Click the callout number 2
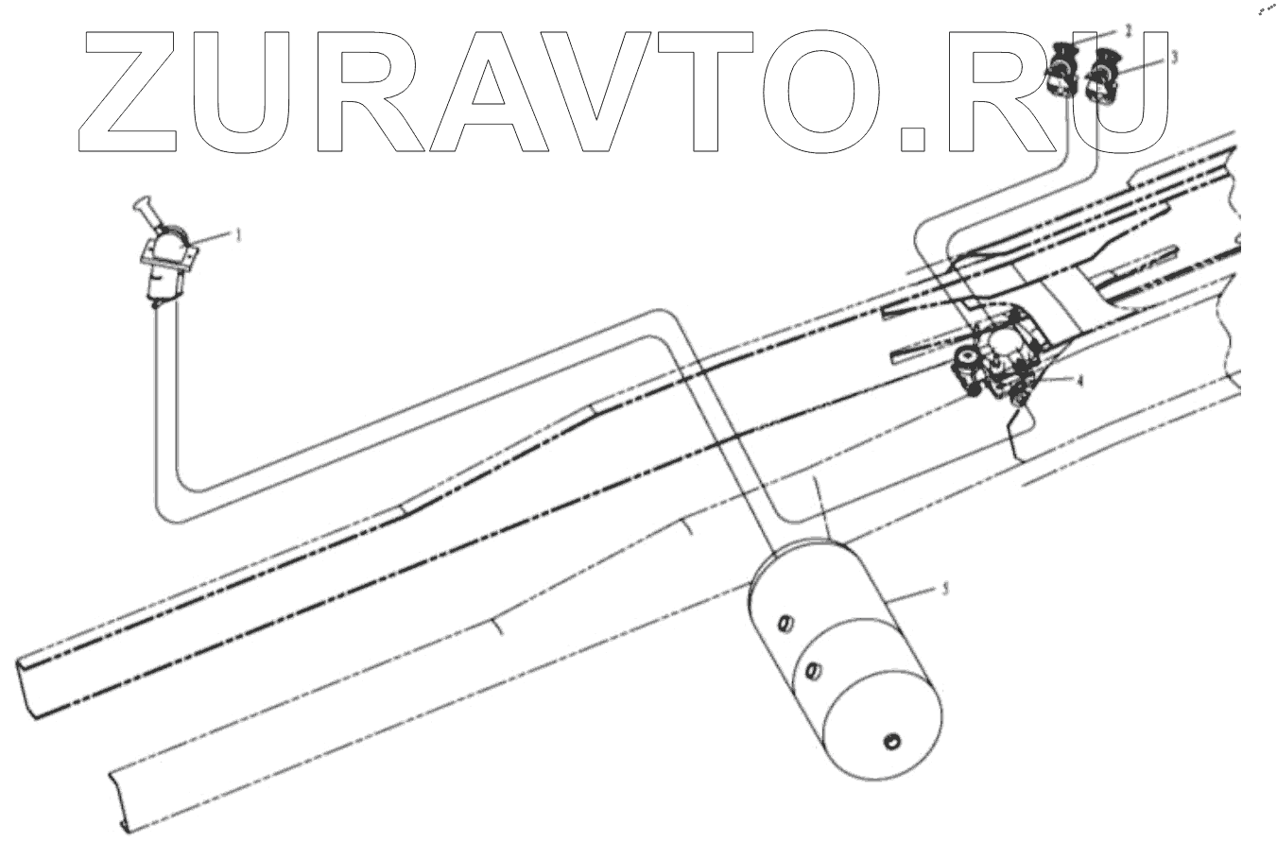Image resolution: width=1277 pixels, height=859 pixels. (x=1128, y=31)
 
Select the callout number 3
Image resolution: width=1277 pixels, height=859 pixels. (x=1173, y=57)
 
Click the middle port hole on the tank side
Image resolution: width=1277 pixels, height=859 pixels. (x=809, y=672)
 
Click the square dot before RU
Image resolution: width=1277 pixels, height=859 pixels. (x=913, y=138)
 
